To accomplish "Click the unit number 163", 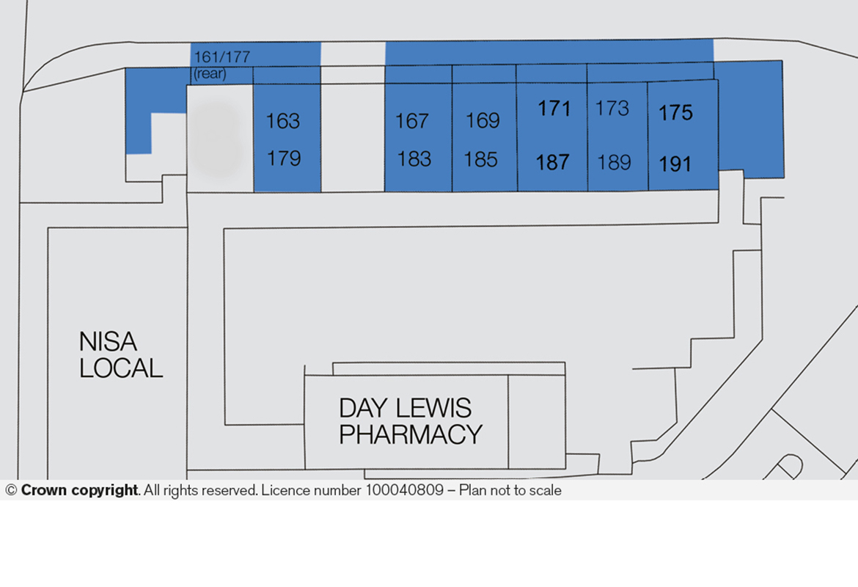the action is coord(283,121).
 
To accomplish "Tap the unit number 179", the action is coord(284,158).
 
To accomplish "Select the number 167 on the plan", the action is coord(412,121).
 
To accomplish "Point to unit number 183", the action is coord(414,159).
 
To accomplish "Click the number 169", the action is coord(483,120).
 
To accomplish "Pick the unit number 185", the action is coord(481,160).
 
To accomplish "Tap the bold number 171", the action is coord(554,109).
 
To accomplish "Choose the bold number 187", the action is coord(553,163).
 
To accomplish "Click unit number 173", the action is coord(612,109).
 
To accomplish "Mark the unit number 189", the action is coord(614,163).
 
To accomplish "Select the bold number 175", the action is coord(676,113).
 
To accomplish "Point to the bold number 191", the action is coord(675,164).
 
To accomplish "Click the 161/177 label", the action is coord(222,57).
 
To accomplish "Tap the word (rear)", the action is coord(210,73).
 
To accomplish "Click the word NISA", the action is coord(108,342).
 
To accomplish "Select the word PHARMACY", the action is coord(411,435).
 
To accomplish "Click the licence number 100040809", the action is coord(404,490).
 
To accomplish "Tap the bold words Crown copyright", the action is coord(80,490).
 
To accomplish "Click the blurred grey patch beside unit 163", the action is coord(216,139).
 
